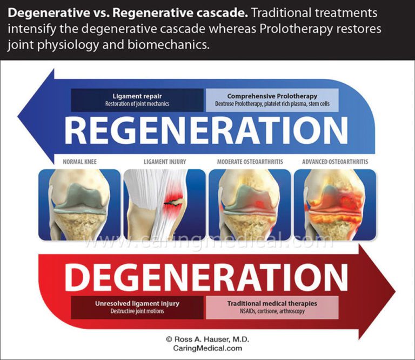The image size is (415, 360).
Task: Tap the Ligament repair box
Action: pyautogui.click(x=137, y=100)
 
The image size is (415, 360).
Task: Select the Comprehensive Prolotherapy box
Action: pyautogui.click(x=272, y=100)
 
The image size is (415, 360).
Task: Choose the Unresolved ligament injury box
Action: pyautogui.click(x=137, y=307)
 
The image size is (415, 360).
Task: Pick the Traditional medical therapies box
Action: pyautogui.click(x=272, y=307)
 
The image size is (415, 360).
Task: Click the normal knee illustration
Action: pyautogui.click(x=79, y=204)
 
